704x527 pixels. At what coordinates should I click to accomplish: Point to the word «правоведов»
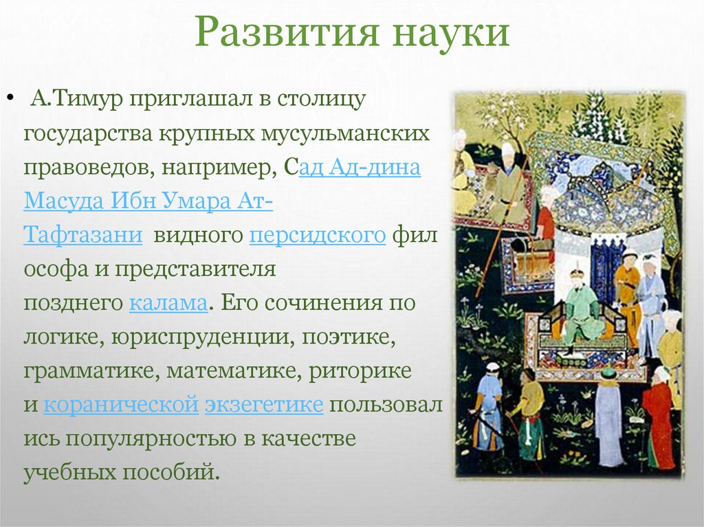click(82, 167)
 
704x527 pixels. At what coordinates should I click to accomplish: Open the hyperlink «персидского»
click(317, 235)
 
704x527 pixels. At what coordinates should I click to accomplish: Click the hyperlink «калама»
click(168, 303)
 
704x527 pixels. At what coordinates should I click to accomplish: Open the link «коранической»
click(120, 405)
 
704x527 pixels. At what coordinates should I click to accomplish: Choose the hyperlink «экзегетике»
click(263, 405)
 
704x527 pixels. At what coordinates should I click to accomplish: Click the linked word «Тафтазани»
click(82, 235)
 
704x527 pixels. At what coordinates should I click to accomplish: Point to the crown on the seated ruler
click(577, 273)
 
